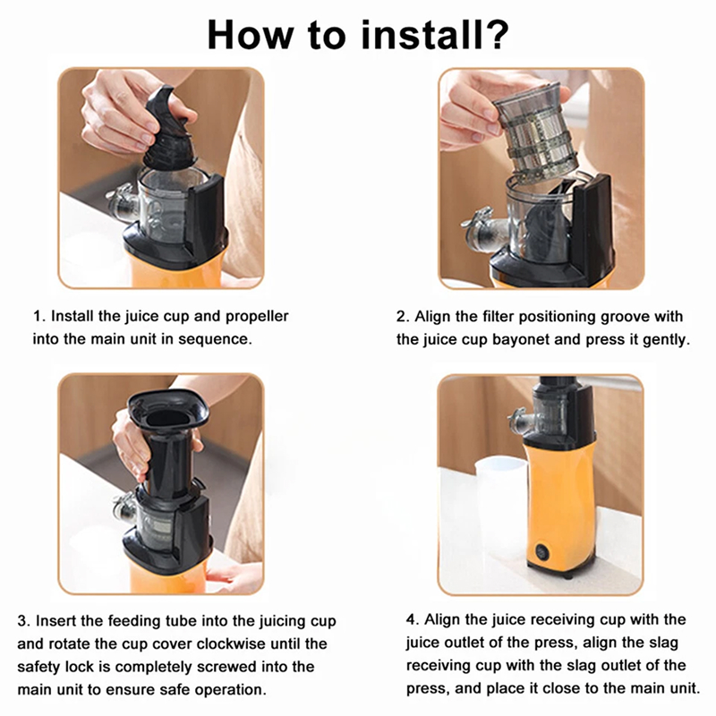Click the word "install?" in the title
[x=435, y=35]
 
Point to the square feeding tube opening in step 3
[x=168, y=411]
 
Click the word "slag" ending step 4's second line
[x=663, y=643]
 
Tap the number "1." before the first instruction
[x=39, y=317]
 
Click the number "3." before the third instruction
[x=24, y=621]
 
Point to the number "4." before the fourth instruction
[x=413, y=620]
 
